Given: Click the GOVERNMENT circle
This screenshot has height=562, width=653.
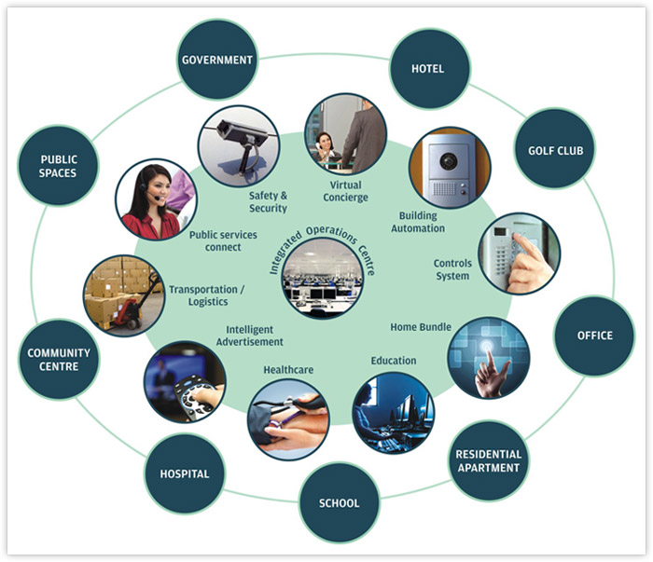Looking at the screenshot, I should point(216,60).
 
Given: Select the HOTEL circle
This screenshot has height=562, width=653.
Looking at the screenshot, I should point(428,68).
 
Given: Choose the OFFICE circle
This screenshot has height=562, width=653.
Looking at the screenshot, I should point(594,336).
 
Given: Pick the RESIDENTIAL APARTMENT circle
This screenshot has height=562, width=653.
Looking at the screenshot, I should point(489,460).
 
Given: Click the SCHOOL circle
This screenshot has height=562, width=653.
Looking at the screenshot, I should point(340,503).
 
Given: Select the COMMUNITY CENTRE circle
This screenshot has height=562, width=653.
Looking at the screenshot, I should point(59,360).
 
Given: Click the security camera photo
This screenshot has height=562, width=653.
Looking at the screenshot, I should point(239,147).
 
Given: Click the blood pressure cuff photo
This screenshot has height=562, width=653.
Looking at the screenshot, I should point(288,419).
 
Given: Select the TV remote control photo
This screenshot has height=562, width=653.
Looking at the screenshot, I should point(185,382).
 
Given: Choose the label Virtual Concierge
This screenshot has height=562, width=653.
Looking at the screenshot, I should point(344,191).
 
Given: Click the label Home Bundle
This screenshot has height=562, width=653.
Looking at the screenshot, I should point(421,327).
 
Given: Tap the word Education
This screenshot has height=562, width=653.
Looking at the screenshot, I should point(394,361).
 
